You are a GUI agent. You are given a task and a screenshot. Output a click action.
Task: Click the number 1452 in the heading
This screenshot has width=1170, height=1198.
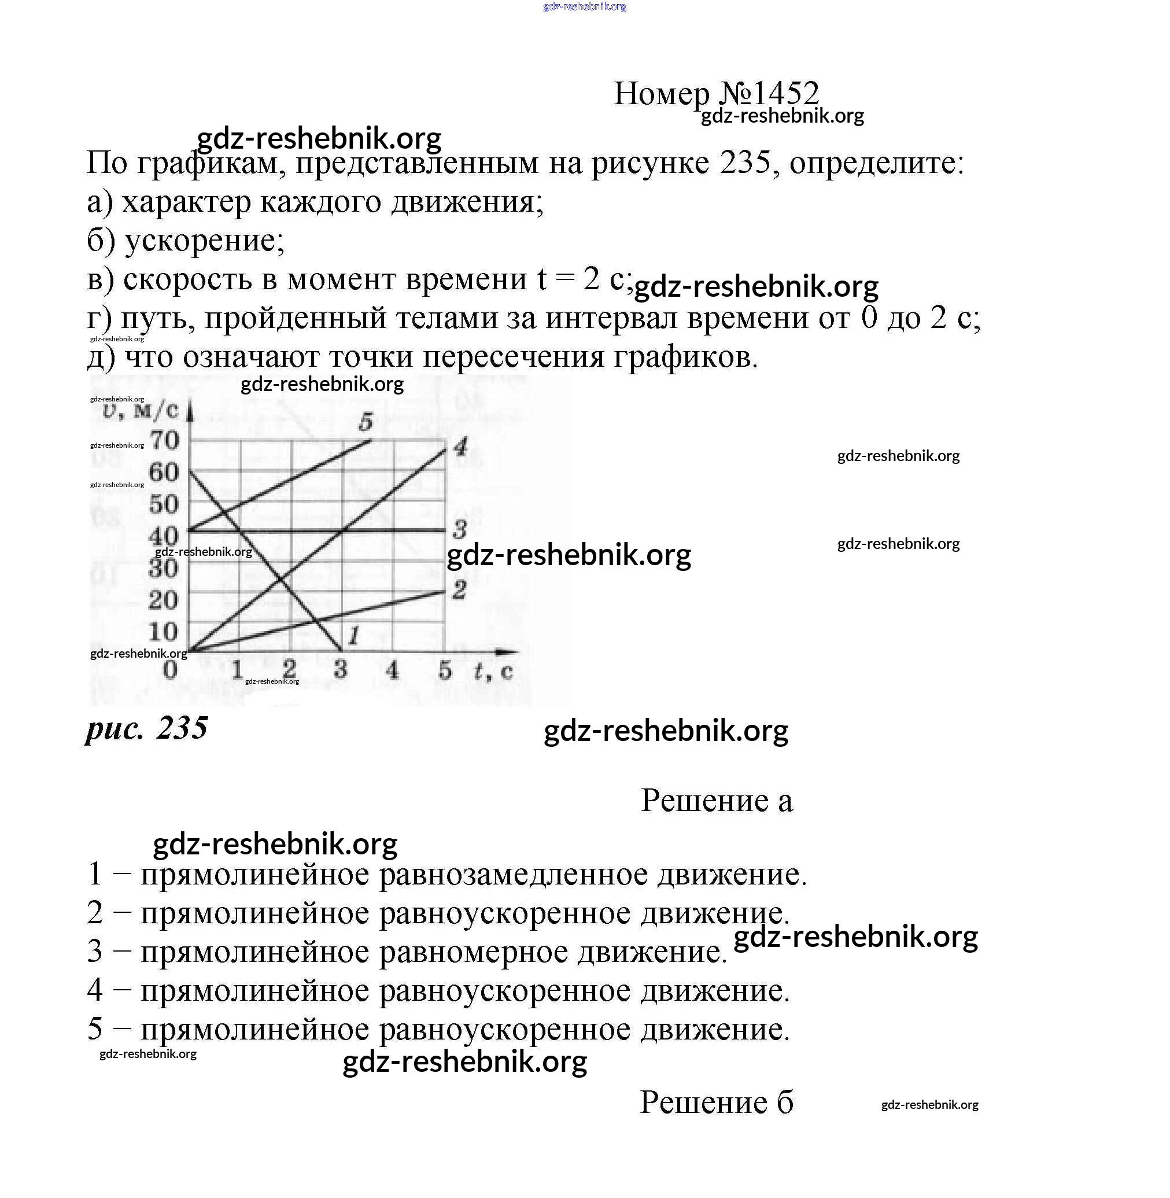785,94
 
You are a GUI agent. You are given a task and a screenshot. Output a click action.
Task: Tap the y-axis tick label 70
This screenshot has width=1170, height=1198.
164,440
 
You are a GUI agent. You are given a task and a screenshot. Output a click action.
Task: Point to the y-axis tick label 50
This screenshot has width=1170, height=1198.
164,504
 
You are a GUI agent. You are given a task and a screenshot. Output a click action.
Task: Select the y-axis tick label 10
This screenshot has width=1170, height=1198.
163,632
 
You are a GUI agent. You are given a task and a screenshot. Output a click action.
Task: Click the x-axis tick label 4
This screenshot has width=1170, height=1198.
392,669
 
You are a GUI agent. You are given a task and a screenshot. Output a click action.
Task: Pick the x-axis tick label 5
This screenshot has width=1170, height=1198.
445,669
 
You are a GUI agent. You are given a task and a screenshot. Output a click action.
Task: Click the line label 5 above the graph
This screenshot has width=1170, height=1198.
366,422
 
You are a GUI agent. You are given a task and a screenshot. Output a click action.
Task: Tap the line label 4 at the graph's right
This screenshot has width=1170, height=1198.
460,447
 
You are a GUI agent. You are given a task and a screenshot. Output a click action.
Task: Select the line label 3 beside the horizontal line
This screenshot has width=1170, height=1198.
459,529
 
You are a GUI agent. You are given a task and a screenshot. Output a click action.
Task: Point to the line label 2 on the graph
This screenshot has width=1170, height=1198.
459,590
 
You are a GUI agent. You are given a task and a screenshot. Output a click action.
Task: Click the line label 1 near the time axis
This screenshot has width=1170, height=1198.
353,636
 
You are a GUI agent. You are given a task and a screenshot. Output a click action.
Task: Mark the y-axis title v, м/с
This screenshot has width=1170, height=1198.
141,411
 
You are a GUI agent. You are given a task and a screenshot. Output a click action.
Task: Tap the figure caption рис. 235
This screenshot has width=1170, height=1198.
147,728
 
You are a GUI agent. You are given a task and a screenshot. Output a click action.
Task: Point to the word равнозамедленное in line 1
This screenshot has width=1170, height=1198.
513,874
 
